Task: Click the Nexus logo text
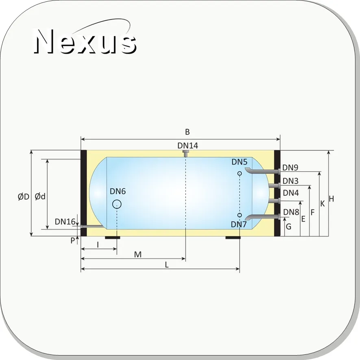tap(85, 41)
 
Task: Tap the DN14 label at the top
tap(188, 145)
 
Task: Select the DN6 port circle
tap(117, 204)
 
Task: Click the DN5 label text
tap(239, 162)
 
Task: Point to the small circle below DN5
tap(239, 173)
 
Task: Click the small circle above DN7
tap(239, 215)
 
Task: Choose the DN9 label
tap(290, 167)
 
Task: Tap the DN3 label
tap(291, 181)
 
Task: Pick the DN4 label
tap(291, 193)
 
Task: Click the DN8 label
tap(291, 212)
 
